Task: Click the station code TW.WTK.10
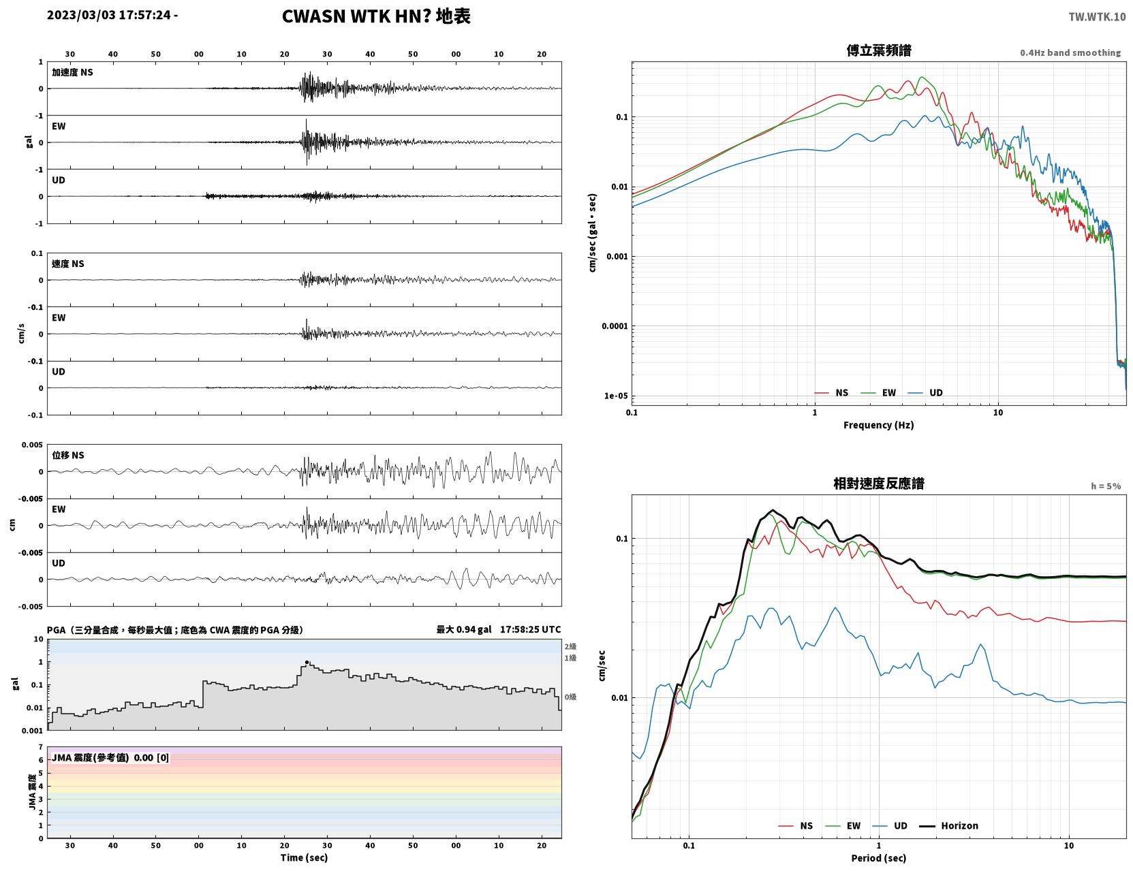(1096, 16)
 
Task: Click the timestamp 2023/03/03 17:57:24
(108, 15)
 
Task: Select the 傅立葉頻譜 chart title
(878, 50)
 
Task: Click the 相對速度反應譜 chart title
(878, 484)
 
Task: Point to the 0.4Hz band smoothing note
(1070, 52)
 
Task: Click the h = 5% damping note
(1105, 486)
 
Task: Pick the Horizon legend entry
(948, 825)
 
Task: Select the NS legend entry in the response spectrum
(796, 825)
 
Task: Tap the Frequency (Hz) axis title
(878, 425)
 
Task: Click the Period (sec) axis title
(878, 858)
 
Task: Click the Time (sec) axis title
(304, 857)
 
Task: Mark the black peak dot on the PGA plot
(307, 662)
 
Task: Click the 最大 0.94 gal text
(463, 629)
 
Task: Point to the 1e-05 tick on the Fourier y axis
(616, 396)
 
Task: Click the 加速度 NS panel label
(72, 72)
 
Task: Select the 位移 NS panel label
(67, 456)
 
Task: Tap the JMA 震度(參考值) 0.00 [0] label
(110, 757)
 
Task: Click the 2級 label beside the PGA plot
(570, 646)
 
